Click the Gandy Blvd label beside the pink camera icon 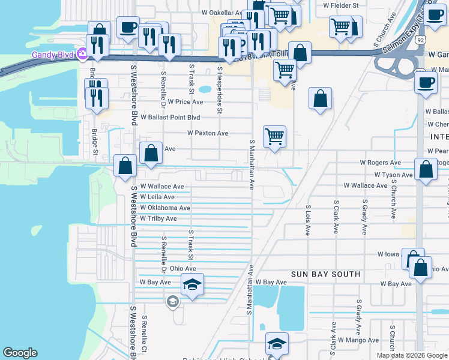(x=53, y=55)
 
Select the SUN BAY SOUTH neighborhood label (x=325, y=274)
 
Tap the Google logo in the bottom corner (x=20, y=353)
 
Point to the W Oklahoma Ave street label (x=165, y=208)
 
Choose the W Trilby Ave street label (x=158, y=219)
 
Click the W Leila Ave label (x=157, y=197)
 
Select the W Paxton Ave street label (x=208, y=133)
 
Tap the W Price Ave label (x=185, y=102)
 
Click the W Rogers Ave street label (x=380, y=163)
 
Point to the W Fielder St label (x=340, y=5)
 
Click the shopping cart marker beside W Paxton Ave (x=274, y=136)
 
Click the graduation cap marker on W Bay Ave (x=192, y=284)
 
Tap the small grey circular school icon (x=173, y=301)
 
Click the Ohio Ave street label (x=183, y=269)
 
